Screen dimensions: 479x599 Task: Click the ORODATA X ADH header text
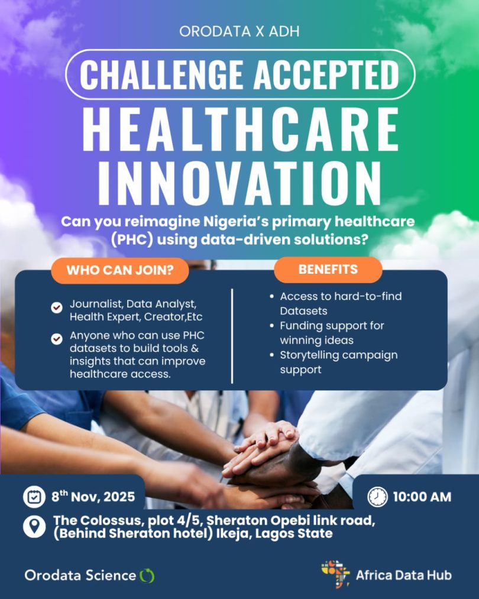[x=239, y=31]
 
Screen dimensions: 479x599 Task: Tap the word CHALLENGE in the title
[x=161, y=75]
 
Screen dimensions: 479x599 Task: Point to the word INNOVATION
[x=239, y=183]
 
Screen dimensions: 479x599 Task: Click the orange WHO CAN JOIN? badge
[x=120, y=270]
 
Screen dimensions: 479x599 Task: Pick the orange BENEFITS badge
[x=328, y=269]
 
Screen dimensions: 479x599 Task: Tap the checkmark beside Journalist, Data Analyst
[x=57, y=307]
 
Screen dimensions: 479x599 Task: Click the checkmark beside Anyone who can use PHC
[x=57, y=338]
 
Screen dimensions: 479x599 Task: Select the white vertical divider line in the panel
[x=232, y=336]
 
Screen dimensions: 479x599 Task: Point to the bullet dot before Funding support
[x=271, y=326]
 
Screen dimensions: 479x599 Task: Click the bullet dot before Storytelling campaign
[x=271, y=355]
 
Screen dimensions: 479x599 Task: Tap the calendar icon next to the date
[x=34, y=497]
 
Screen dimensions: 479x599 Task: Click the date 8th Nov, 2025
[x=93, y=496]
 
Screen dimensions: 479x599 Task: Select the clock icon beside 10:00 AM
[x=377, y=497]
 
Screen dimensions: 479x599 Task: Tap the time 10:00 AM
[x=422, y=497]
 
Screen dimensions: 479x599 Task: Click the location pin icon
[x=34, y=526]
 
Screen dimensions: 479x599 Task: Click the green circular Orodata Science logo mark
[x=147, y=576]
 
